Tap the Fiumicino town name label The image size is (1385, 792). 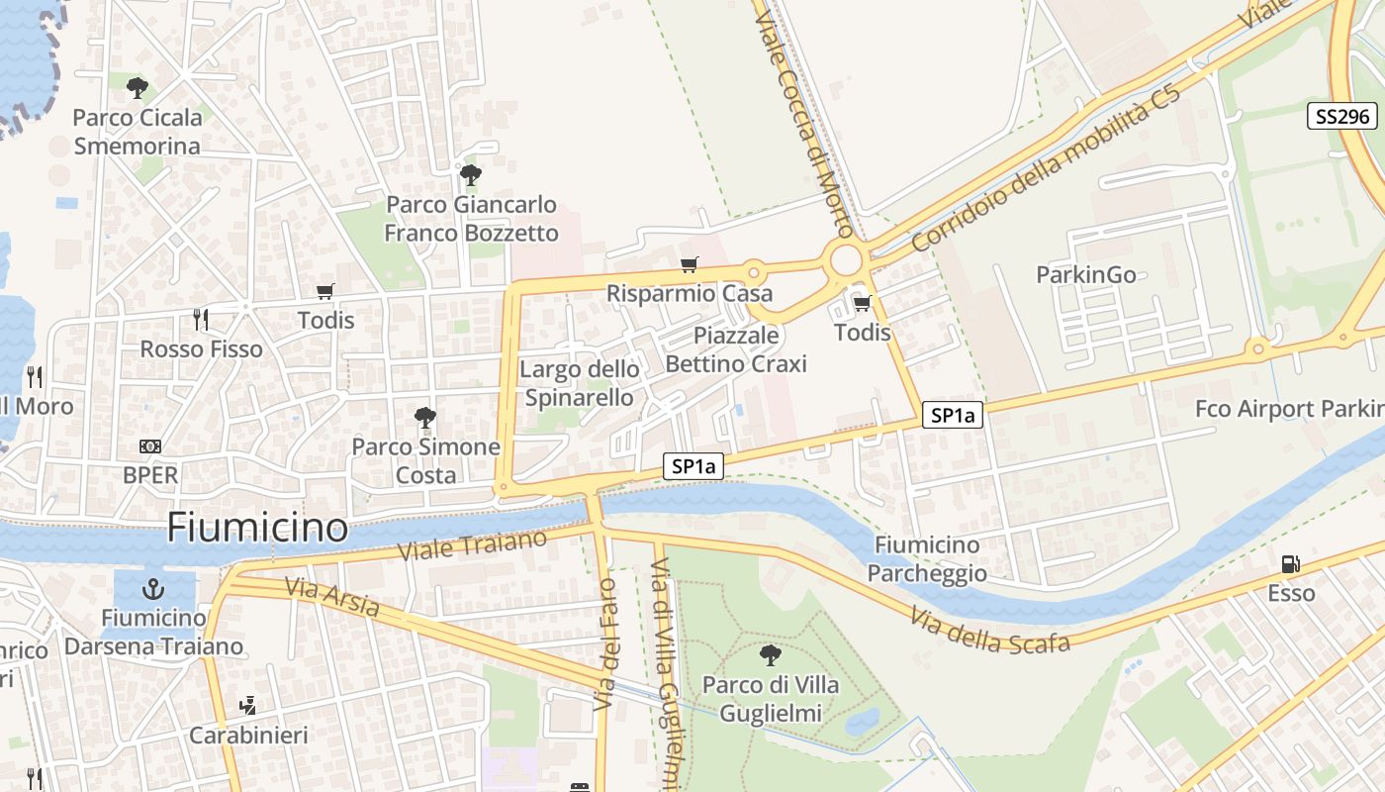(x=257, y=528)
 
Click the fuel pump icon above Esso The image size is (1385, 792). (x=1291, y=564)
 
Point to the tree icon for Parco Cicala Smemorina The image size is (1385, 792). (x=138, y=88)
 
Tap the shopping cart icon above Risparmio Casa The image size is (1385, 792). (x=690, y=264)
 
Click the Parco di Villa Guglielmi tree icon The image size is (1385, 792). (x=770, y=654)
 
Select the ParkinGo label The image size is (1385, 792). (x=1085, y=274)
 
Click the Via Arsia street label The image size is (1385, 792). (x=332, y=598)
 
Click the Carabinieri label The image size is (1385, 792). (x=248, y=736)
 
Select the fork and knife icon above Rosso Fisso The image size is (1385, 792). (x=201, y=319)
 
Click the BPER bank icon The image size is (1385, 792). (x=150, y=446)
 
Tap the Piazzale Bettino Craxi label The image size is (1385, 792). (x=736, y=349)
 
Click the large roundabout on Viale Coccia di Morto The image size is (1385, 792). (x=846, y=261)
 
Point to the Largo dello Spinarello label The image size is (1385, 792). (x=579, y=383)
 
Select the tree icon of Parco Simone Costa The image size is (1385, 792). (x=425, y=417)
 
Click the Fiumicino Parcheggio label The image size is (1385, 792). (x=927, y=558)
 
